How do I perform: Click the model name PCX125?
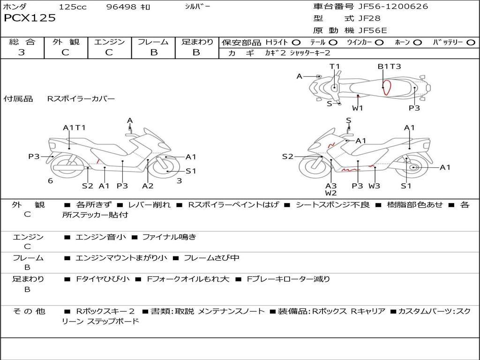tap(30, 18)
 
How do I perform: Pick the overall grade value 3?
tap(22, 52)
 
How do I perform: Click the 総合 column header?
tap(22, 42)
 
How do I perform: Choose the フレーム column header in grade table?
tap(153, 42)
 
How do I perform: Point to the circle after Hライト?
tap(296, 43)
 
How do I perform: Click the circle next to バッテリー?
tap(471, 43)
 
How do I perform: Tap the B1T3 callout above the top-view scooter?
tap(389, 67)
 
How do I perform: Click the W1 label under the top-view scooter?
tap(358, 108)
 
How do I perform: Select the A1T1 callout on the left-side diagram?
tap(74, 127)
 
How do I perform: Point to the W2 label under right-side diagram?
tap(331, 193)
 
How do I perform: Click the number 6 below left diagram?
tap(50, 181)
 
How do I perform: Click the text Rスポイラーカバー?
tap(81, 99)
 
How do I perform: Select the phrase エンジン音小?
tap(101, 237)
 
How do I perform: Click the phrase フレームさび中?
tap(211, 258)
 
